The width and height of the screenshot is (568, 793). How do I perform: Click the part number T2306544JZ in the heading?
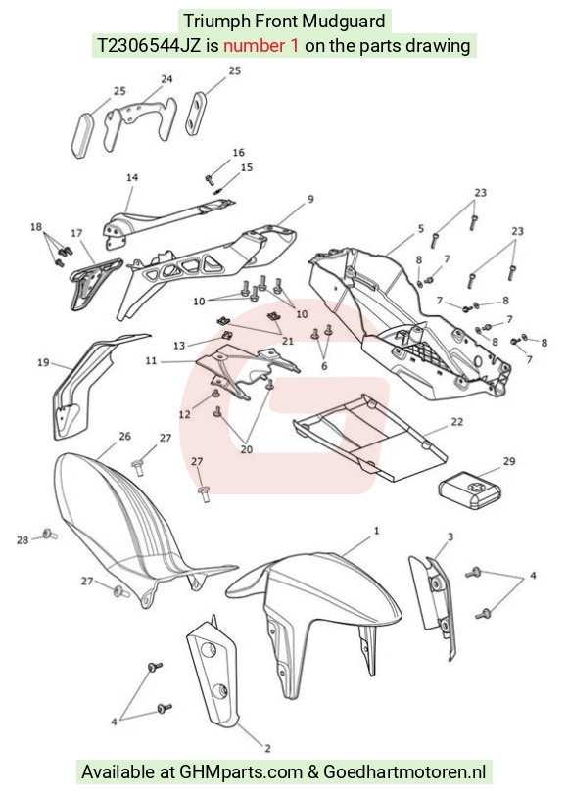click(x=149, y=46)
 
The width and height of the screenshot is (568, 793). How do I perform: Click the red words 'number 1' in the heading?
click(x=261, y=46)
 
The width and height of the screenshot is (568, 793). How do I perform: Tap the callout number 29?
click(x=509, y=461)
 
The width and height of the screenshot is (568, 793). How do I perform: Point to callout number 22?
click(x=456, y=422)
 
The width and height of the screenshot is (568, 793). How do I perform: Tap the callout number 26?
click(x=124, y=436)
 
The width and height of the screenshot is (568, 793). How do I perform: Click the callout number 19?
click(x=43, y=362)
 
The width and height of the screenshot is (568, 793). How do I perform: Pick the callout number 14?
click(x=132, y=177)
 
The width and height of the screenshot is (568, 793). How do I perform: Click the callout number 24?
click(x=166, y=79)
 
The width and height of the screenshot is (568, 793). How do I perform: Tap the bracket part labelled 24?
click(x=140, y=123)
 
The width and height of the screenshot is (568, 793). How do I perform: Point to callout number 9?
click(x=310, y=199)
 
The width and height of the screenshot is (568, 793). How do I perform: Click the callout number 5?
click(x=421, y=228)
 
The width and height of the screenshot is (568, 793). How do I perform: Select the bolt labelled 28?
click(x=50, y=534)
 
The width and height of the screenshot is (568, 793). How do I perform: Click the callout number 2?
click(x=267, y=748)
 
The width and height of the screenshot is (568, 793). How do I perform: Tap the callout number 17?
click(x=76, y=233)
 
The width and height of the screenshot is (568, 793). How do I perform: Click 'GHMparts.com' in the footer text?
click(x=242, y=772)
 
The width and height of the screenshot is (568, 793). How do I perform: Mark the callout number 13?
click(x=179, y=346)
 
